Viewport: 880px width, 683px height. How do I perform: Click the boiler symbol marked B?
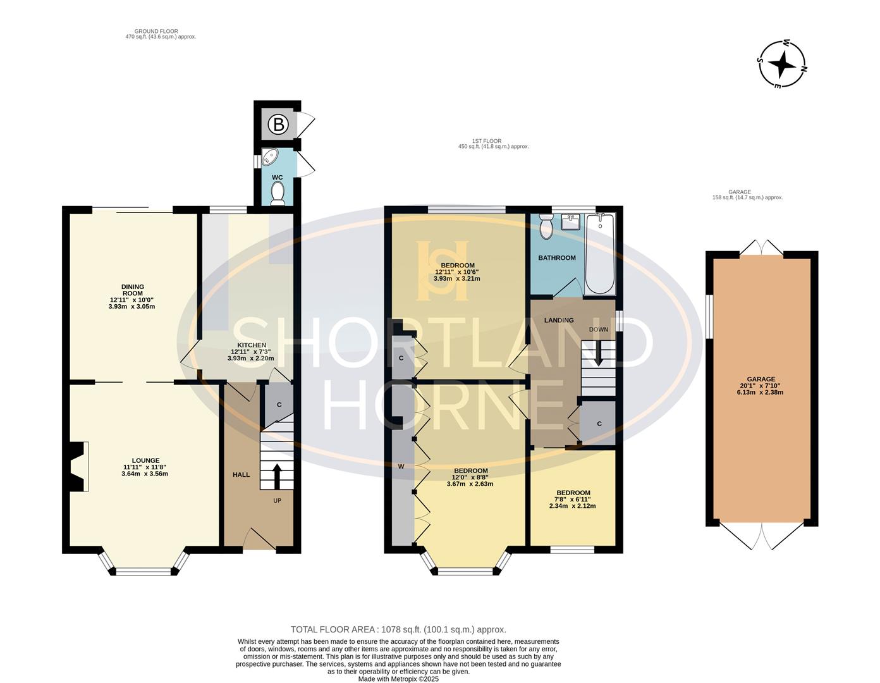coord(278,124)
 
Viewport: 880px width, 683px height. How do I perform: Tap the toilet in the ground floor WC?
coord(278,193)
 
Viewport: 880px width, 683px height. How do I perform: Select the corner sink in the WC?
coord(269,157)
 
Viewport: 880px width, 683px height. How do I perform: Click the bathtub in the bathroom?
coord(600,253)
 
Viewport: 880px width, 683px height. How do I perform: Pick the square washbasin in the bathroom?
coord(571,221)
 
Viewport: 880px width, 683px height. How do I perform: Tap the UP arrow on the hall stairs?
coord(277,476)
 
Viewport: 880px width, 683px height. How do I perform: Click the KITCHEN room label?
coord(252,345)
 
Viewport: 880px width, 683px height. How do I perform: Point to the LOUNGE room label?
coord(146,460)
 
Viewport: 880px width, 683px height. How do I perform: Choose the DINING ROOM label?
coord(133,290)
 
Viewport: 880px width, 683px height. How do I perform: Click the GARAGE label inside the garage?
coord(762,379)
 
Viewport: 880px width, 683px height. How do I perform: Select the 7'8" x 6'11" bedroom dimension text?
coord(572,499)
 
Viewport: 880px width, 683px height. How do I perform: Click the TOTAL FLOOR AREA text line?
coord(398,629)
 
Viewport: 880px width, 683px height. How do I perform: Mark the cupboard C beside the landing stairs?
coord(598,424)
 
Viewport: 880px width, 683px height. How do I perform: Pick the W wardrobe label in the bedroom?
coord(401,466)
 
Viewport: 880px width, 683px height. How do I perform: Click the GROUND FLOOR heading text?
coord(156,31)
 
